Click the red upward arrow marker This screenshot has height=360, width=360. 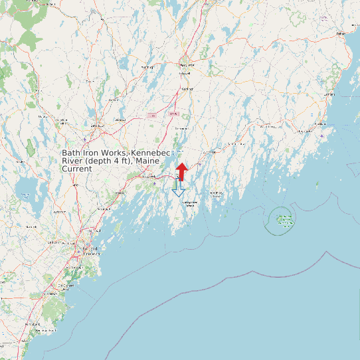tap(182, 170)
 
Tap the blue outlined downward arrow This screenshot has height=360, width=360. tap(178, 189)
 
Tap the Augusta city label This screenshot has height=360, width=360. tap(187, 66)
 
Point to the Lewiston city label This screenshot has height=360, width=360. tap(98, 125)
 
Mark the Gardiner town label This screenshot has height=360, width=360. tap(187, 88)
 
